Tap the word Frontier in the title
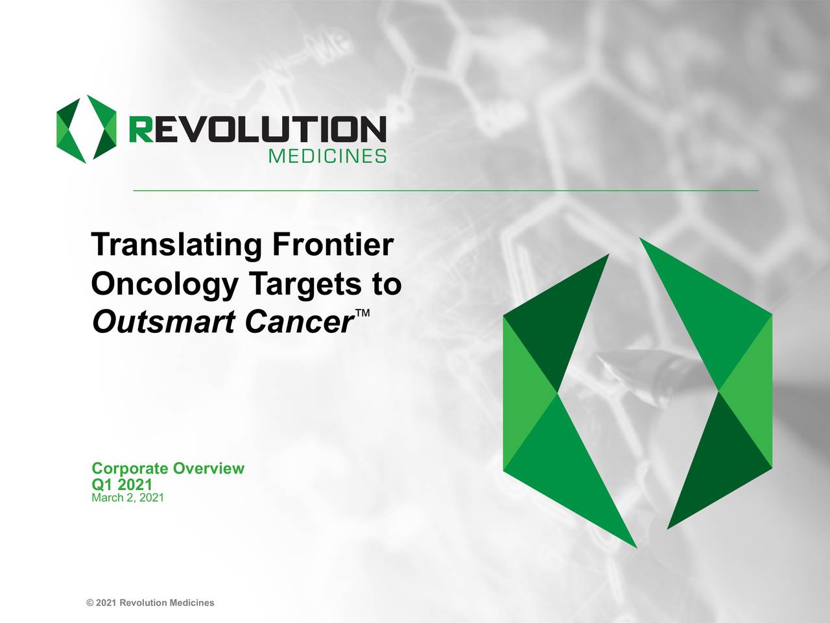coord(333,245)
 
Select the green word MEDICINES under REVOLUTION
coord(327,156)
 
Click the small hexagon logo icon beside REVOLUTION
coord(86,129)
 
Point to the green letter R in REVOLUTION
coord(141,130)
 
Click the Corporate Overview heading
coord(168,469)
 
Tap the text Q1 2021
coord(122,484)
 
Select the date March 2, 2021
coord(128,498)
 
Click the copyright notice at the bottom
coord(150,603)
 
